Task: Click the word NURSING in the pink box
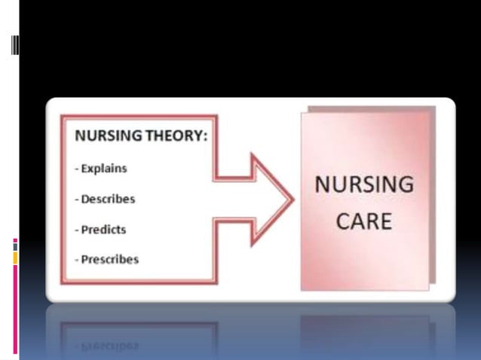pyautogui.click(x=364, y=185)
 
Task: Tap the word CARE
pyautogui.click(x=364, y=221)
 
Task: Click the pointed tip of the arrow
pyautogui.click(x=292, y=200)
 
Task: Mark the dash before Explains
pyautogui.click(x=77, y=169)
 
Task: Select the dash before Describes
pyautogui.click(x=77, y=200)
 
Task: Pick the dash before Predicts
pyautogui.click(x=77, y=230)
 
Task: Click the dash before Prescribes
pyautogui.click(x=77, y=260)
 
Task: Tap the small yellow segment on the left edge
pyautogui.click(x=15, y=258)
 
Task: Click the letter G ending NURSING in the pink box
pyautogui.click(x=406, y=185)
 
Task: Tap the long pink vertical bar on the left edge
pyautogui.click(x=15, y=309)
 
